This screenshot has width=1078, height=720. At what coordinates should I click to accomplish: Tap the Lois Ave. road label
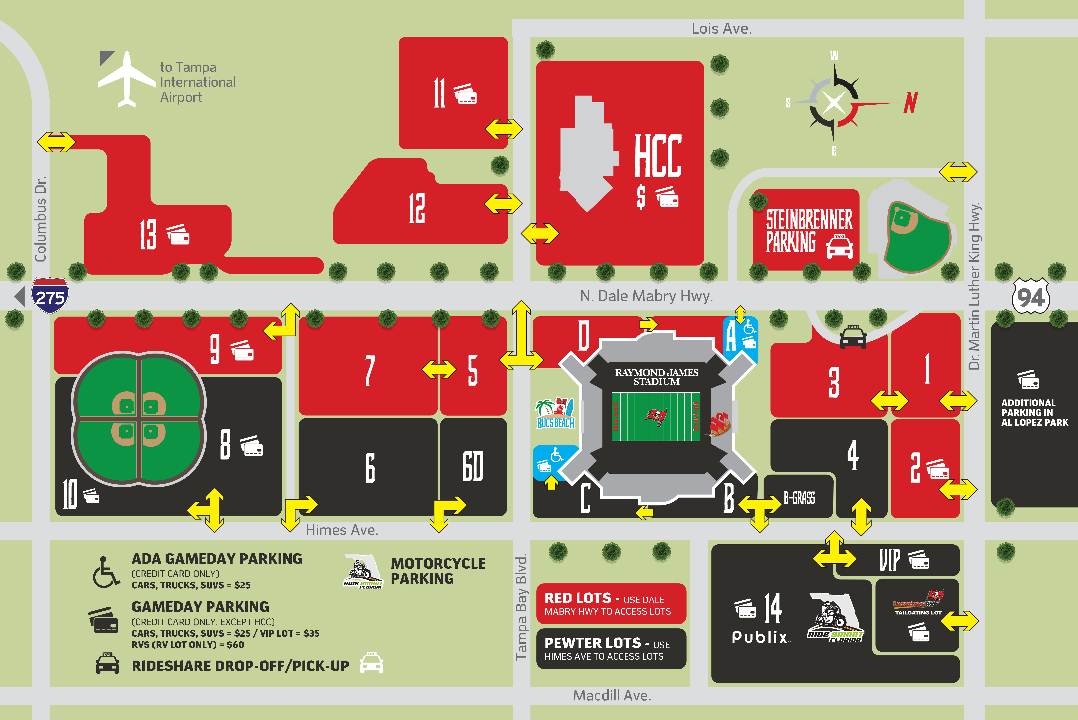click(721, 28)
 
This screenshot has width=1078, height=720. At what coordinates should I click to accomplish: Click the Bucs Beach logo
click(555, 413)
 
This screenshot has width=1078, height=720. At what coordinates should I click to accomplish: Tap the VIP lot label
click(890, 560)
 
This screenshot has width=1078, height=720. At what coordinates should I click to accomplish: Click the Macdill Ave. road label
click(612, 696)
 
